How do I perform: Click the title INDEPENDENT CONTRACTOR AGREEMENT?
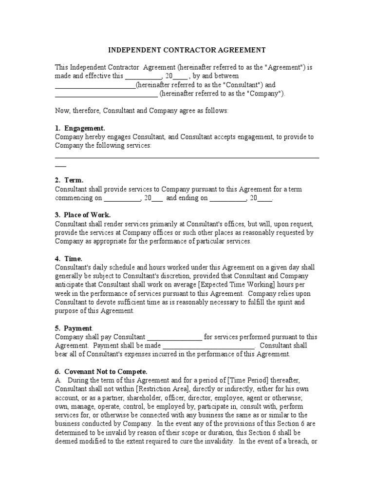(187, 50)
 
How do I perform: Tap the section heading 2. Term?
(69, 180)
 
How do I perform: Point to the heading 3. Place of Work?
(83, 215)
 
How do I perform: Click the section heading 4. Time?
(69, 259)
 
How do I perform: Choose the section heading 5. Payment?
(74, 328)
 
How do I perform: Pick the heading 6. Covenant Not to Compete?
(101, 371)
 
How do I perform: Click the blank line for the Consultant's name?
(95, 85)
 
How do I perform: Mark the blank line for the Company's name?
(106, 94)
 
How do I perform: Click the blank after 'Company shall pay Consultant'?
(174, 337)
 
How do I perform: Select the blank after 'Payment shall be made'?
(208, 345)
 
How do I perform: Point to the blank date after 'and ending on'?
(227, 198)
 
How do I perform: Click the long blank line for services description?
(187, 157)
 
